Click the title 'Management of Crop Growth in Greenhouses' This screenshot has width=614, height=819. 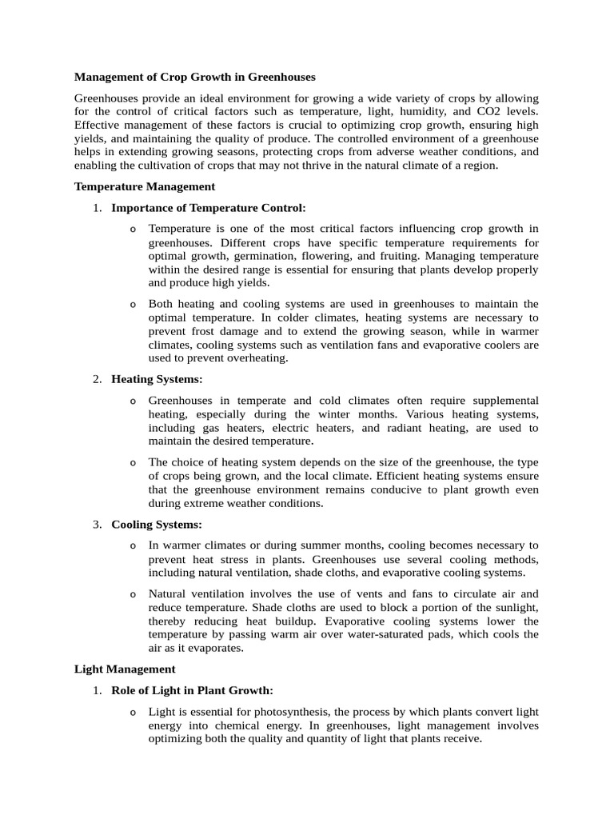[195, 77]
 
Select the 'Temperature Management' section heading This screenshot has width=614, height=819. [145, 186]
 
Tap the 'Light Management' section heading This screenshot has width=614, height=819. [125, 669]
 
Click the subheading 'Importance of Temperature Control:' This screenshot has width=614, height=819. [208, 208]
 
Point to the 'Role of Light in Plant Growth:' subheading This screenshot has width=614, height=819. [192, 690]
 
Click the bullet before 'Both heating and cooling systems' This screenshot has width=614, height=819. [133, 305]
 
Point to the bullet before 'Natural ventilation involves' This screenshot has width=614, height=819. [133, 594]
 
